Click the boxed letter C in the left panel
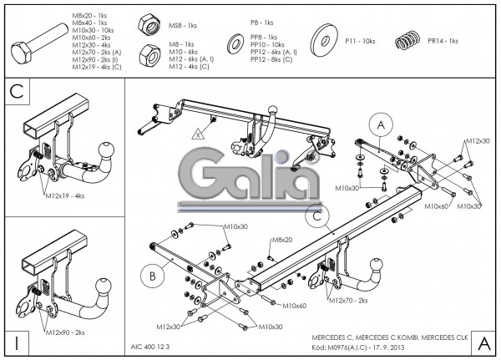coord(16,91)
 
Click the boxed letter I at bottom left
coord(16,342)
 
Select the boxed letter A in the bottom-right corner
coord(484,342)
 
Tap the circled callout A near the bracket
coord(381,124)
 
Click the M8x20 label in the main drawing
coord(281,240)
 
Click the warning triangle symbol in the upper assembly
coord(198,133)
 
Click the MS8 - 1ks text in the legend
coord(182,26)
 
